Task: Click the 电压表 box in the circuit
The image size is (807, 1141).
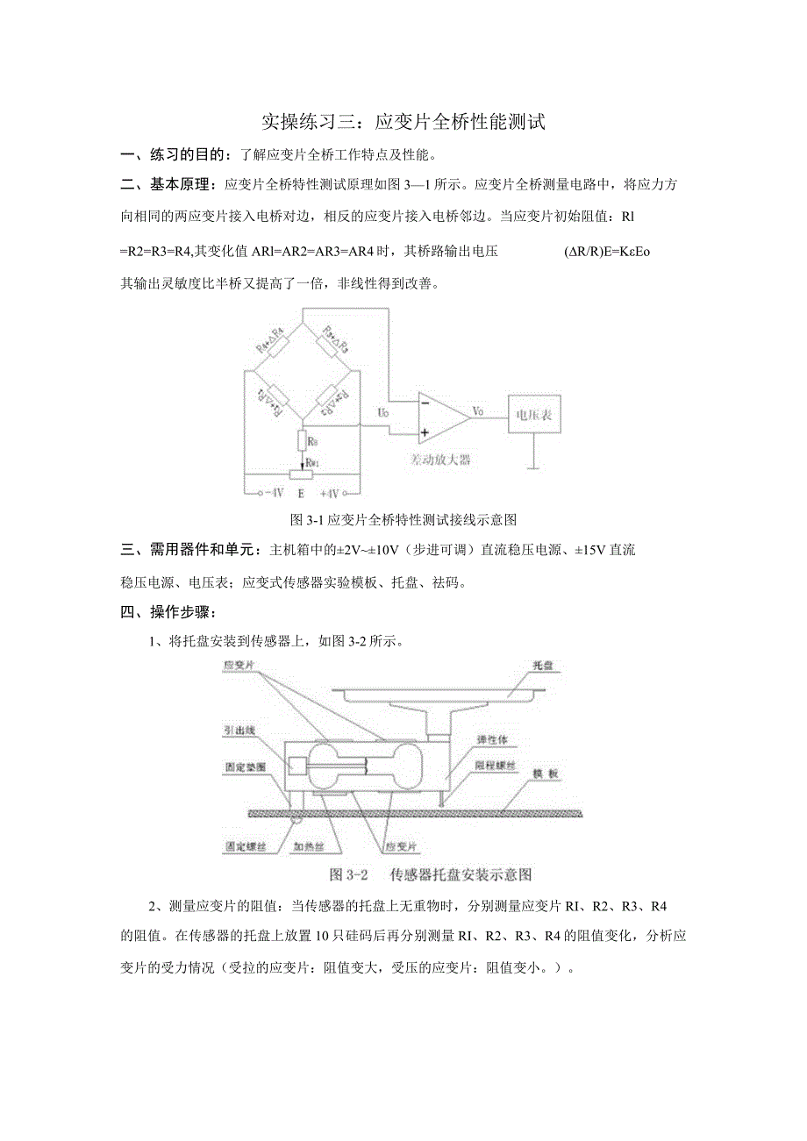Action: [532, 413]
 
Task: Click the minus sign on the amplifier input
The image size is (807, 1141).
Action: [425, 403]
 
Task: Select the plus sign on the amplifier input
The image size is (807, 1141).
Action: [425, 431]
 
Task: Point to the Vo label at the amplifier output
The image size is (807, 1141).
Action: [479, 410]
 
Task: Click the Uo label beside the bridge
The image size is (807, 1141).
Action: [383, 411]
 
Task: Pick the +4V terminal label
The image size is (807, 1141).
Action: [331, 493]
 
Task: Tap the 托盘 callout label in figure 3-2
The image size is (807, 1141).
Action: [544, 666]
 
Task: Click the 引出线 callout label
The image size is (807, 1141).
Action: [239, 729]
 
